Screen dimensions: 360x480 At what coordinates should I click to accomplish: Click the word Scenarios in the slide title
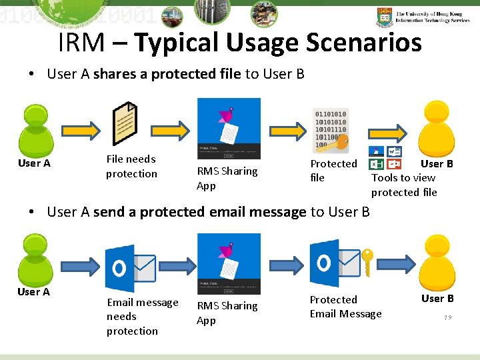[x=363, y=43]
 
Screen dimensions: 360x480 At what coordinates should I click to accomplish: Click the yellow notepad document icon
[x=125, y=123]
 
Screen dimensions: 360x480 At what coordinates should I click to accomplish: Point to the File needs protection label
[x=131, y=166]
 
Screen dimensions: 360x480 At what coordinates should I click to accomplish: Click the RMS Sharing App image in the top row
[x=229, y=129]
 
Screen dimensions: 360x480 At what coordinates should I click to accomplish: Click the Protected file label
[x=333, y=171]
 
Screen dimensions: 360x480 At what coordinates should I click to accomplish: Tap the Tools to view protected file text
[x=404, y=185]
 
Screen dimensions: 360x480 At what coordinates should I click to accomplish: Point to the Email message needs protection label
[x=142, y=317]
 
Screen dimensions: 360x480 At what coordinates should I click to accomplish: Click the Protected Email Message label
[x=345, y=307]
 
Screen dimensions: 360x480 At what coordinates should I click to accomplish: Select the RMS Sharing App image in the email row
[x=229, y=263]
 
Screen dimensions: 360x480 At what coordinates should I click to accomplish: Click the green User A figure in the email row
[x=35, y=257]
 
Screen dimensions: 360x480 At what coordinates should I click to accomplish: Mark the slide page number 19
[x=447, y=318]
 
